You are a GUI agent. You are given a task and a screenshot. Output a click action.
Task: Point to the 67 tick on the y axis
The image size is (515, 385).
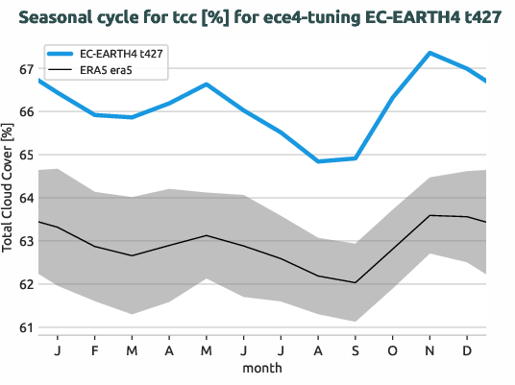point(26,69)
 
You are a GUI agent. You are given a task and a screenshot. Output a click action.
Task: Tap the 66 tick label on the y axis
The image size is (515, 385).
point(26,112)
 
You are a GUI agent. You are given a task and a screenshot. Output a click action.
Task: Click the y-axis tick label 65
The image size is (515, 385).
point(26,156)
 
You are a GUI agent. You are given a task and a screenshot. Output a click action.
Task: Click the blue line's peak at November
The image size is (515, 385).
point(429,53)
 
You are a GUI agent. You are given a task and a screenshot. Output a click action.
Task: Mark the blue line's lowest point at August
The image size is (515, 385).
point(318,161)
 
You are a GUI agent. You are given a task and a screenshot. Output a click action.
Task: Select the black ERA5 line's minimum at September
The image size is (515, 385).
point(356,282)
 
